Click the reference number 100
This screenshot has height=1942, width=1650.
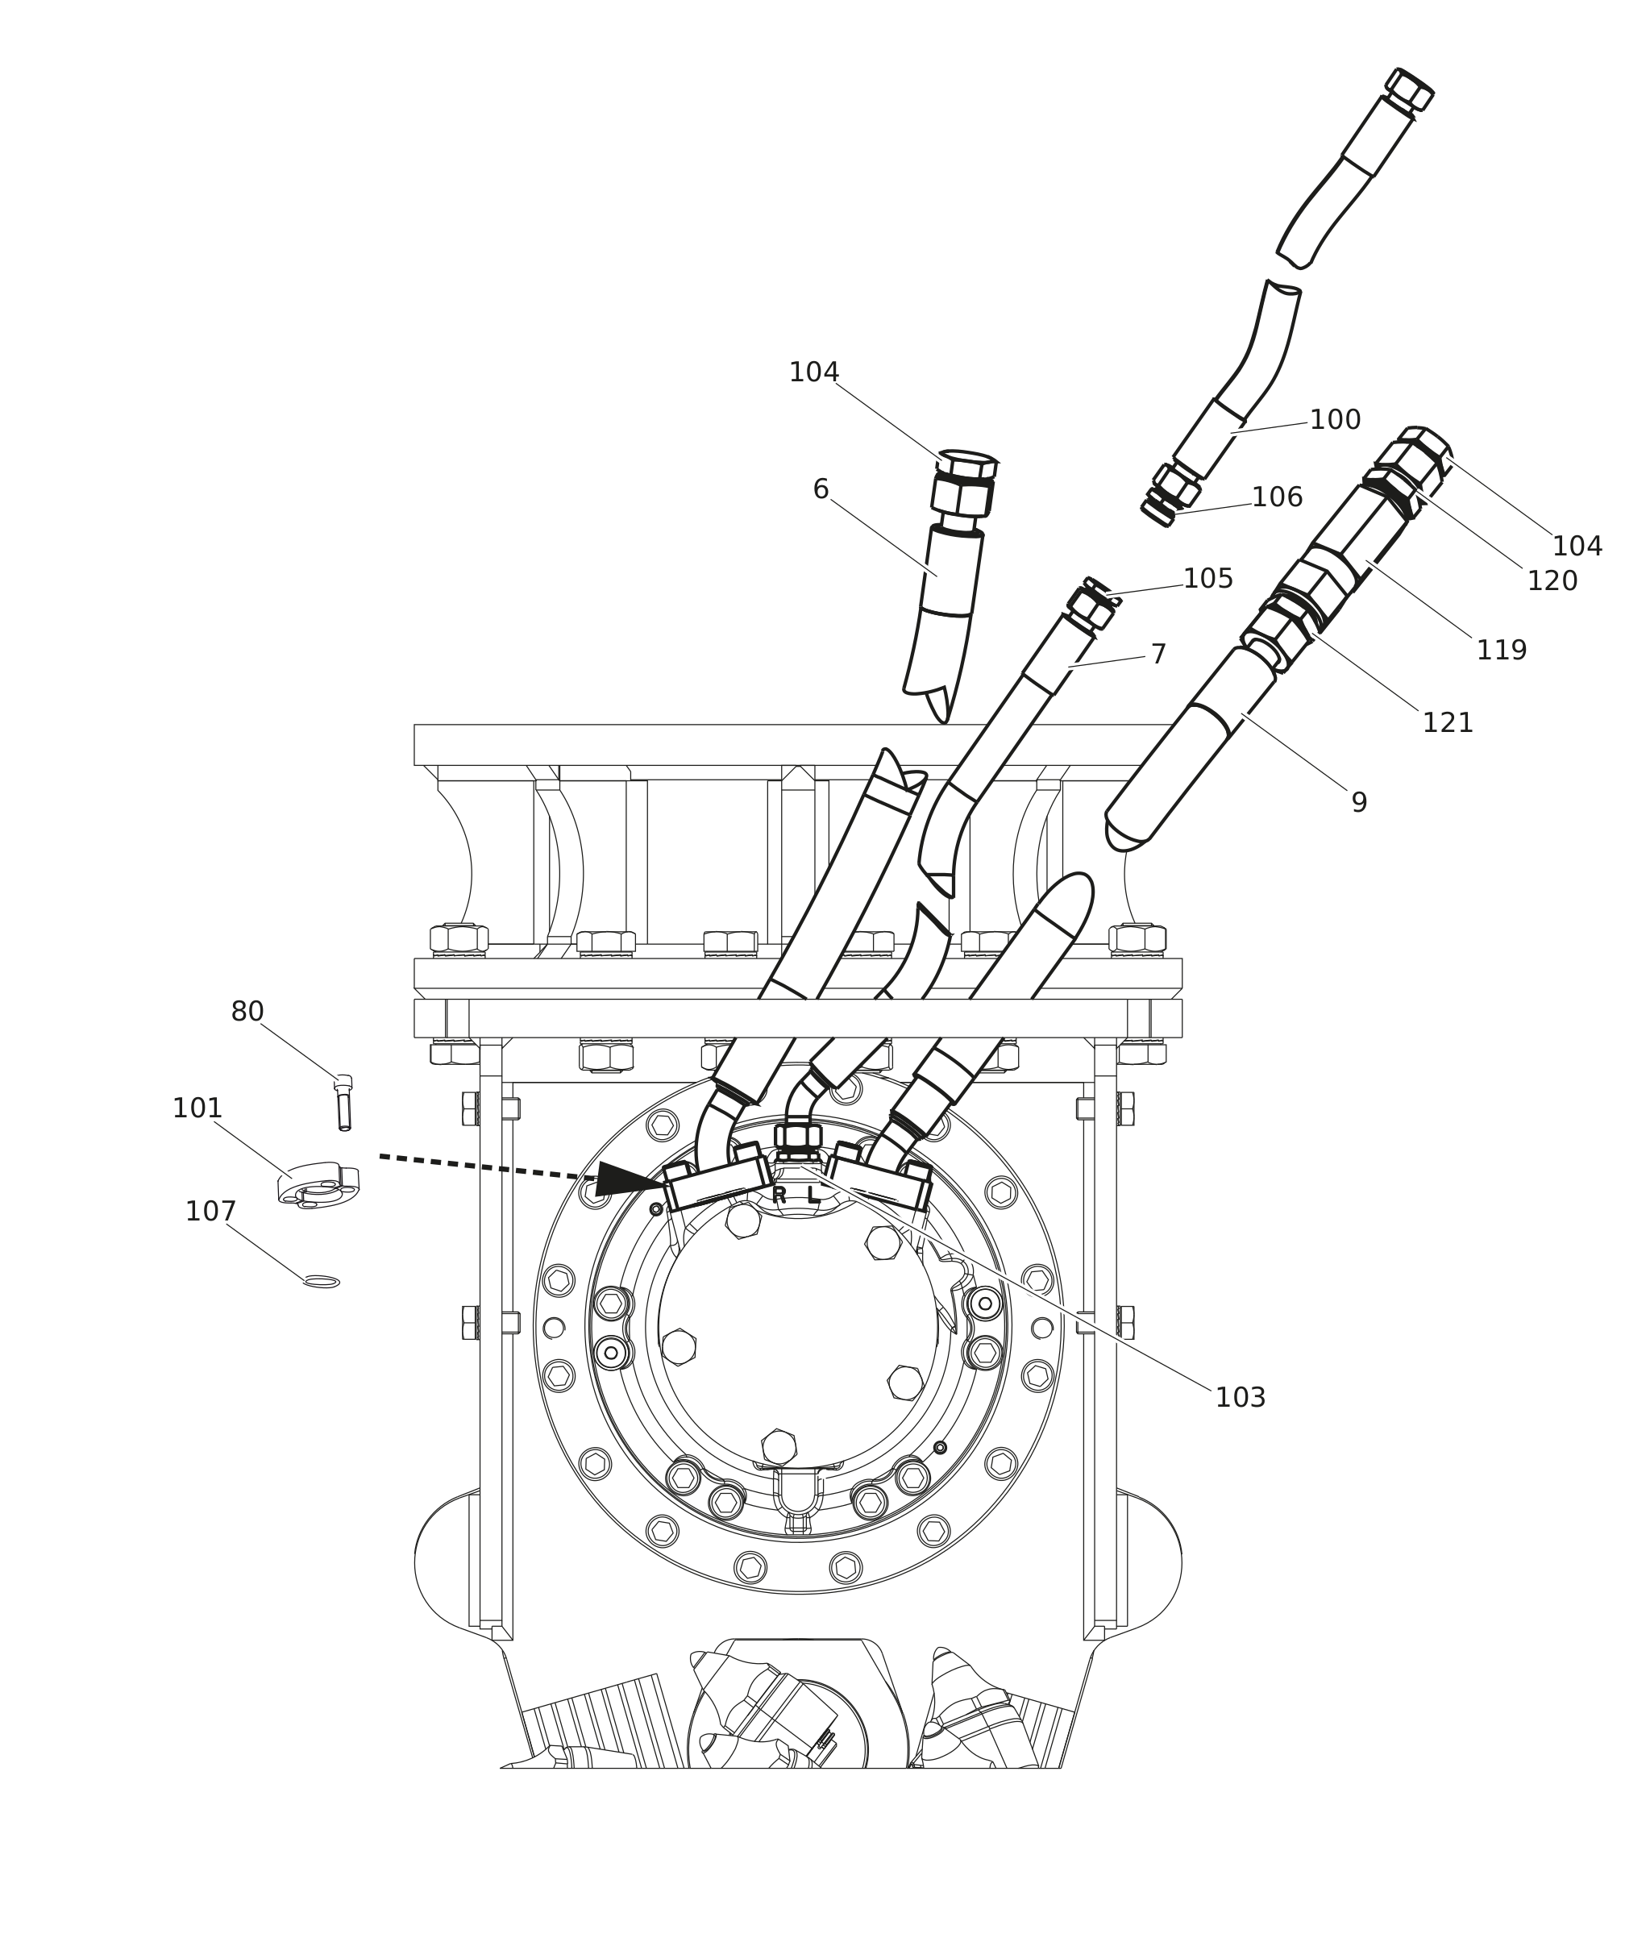pos(1334,420)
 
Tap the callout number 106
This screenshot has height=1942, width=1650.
pos(1277,497)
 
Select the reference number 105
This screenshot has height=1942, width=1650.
pos(1207,579)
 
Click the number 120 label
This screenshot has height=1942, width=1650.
pos(1552,581)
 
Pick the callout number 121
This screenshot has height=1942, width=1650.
pos(1447,723)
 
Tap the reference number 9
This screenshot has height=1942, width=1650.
pos(1359,803)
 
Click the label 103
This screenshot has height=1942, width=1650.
pos(1241,1398)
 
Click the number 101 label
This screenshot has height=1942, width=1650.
pos(197,1108)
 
